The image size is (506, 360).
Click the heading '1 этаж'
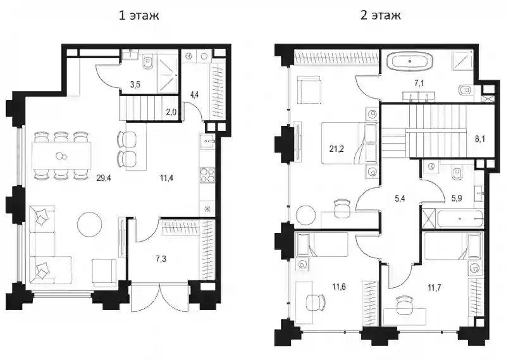click(x=139, y=15)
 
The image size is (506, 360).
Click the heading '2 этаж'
click(x=381, y=15)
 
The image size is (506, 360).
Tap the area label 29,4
click(x=104, y=178)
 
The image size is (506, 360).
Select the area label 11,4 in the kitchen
click(x=166, y=178)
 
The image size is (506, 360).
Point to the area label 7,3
click(x=161, y=259)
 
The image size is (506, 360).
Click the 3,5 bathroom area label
click(x=135, y=85)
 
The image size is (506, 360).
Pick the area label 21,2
click(x=337, y=149)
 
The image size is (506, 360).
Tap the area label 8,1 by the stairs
click(x=480, y=139)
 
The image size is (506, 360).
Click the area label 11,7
click(x=435, y=288)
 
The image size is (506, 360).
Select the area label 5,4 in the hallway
click(x=400, y=199)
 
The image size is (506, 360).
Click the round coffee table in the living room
click(x=90, y=224)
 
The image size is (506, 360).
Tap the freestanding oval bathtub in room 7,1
click(x=410, y=61)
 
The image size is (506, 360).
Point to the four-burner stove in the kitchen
click(x=207, y=175)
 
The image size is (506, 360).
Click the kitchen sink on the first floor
click(x=207, y=140)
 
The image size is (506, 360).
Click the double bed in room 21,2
click(x=349, y=143)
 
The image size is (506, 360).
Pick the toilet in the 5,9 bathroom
click(x=457, y=173)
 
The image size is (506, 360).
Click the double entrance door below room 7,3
click(x=159, y=295)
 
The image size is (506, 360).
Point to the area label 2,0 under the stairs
click(x=171, y=113)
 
